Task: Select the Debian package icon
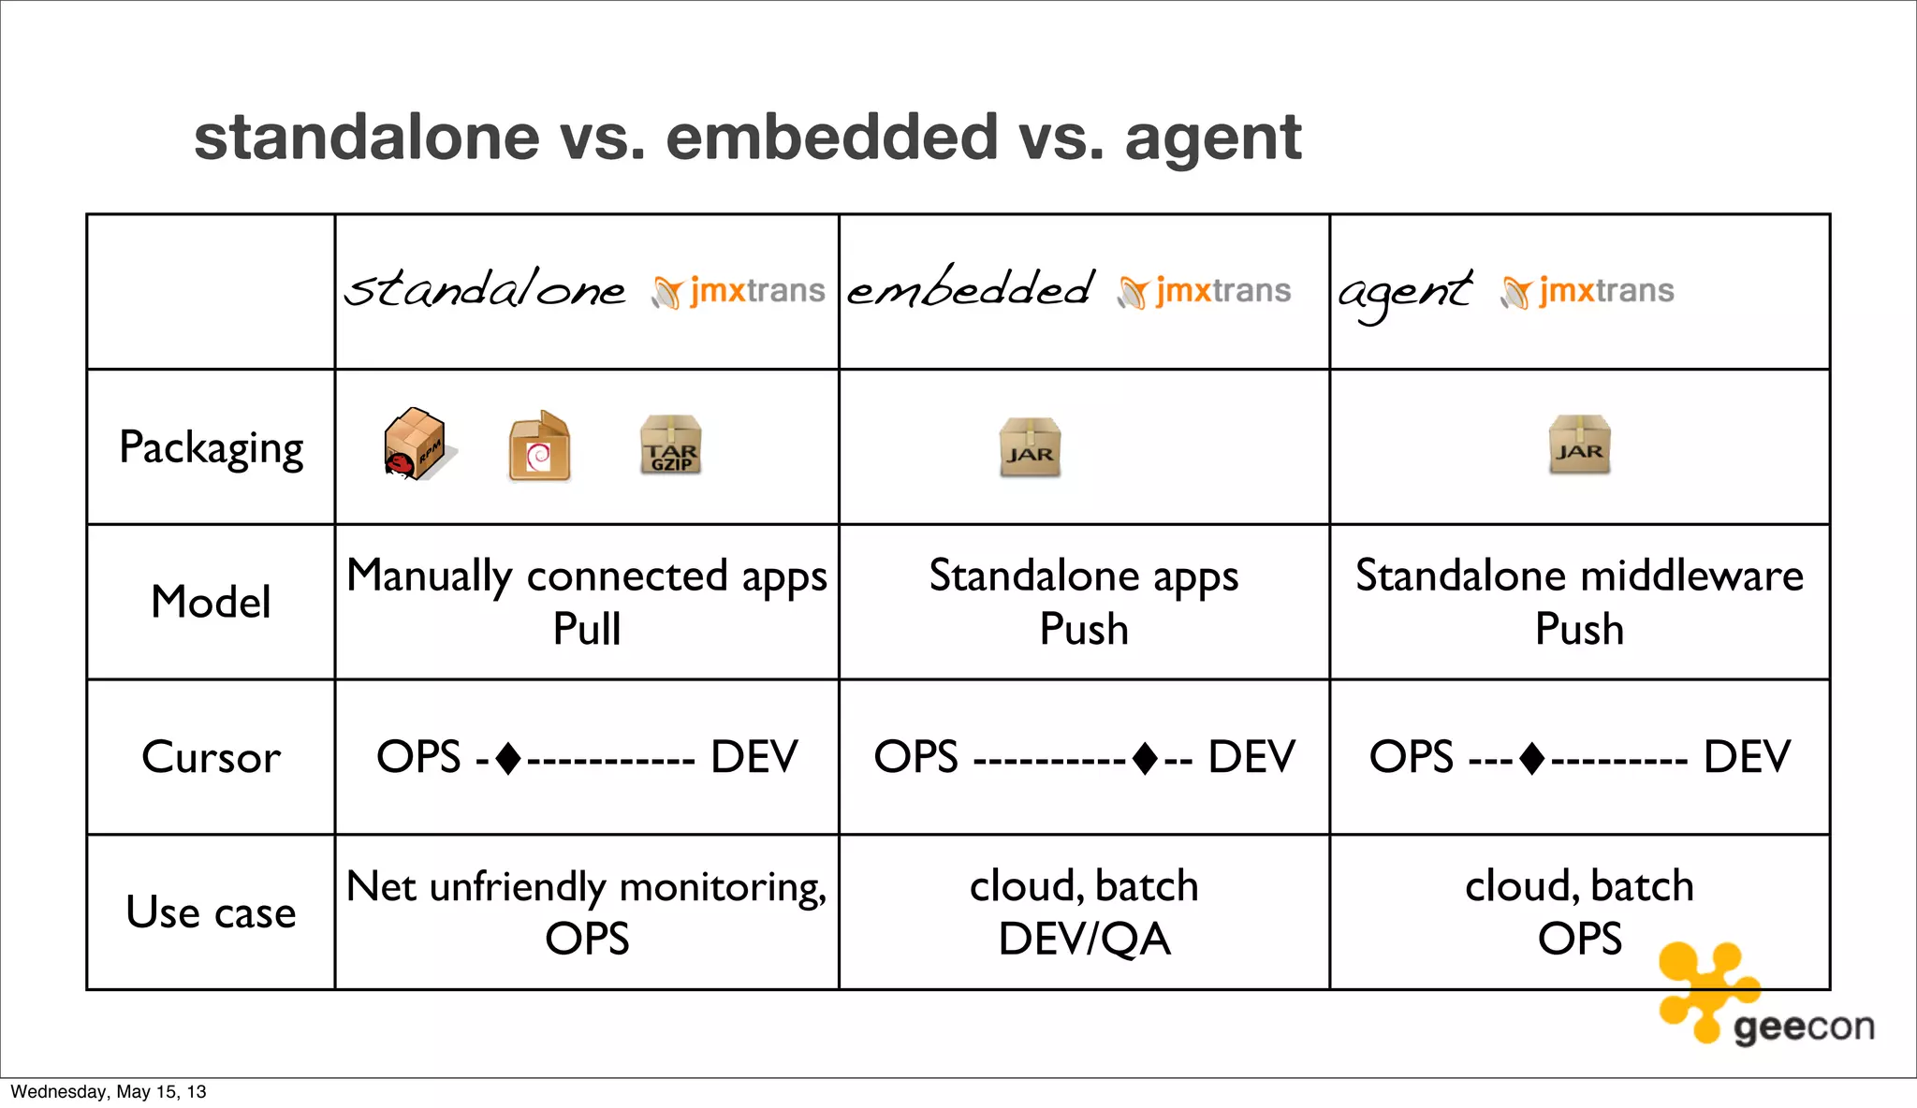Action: click(539, 446)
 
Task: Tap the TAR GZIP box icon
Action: click(670, 445)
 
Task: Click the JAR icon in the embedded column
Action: click(1030, 448)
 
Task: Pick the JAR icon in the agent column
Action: click(1579, 445)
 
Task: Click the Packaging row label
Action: click(212, 447)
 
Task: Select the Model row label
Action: click(212, 602)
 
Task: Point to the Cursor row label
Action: click(212, 757)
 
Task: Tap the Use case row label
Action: click(212, 912)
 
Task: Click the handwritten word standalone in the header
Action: click(485, 289)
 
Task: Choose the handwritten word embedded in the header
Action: click(970, 288)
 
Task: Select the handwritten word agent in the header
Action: click(1404, 292)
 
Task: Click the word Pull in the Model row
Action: click(587, 629)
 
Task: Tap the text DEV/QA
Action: click(1084, 939)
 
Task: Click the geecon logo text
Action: click(1804, 1028)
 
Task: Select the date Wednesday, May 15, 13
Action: click(109, 1092)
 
